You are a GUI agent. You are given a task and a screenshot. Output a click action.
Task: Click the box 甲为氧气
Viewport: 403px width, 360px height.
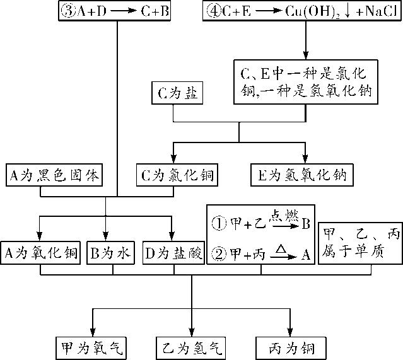pyautogui.click(x=91, y=347)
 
